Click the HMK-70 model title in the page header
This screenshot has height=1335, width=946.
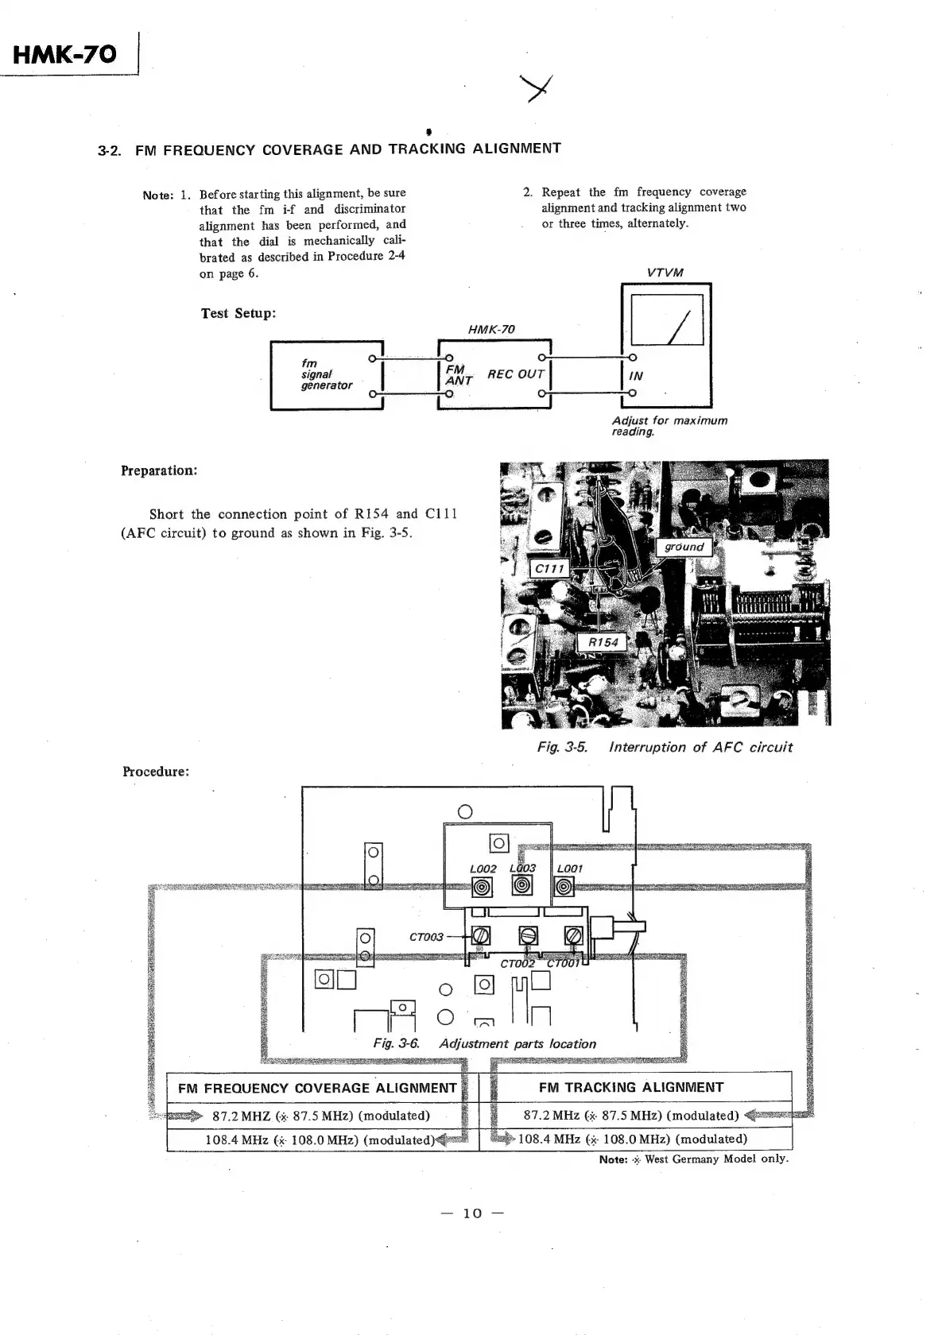point(65,55)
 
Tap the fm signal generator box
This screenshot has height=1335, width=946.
point(327,374)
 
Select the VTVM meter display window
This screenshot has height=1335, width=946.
point(666,319)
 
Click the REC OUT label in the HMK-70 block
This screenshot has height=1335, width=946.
point(515,374)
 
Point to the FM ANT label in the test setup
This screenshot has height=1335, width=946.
point(457,375)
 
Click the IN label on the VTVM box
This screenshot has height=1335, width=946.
point(636,376)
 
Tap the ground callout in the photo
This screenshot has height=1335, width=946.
point(684,547)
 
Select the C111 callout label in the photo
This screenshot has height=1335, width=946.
point(549,568)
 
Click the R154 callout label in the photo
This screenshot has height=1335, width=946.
point(603,642)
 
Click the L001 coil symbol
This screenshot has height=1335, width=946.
point(564,887)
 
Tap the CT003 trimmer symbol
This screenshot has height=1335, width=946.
point(481,936)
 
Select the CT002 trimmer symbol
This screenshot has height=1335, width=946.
point(528,936)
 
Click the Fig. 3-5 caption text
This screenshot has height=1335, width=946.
point(665,747)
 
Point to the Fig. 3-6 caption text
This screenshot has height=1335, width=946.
point(484,1043)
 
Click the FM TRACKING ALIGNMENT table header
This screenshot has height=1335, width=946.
point(631,1087)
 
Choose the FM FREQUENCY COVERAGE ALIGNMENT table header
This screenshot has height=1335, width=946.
point(317,1088)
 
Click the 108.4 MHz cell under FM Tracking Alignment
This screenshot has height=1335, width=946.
point(632,1139)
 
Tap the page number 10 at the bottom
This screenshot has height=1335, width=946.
point(472,1213)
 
